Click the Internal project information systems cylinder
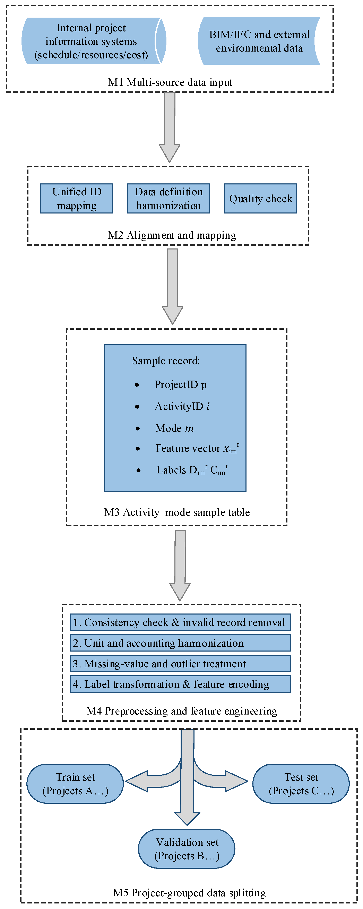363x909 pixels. click(x=91, y=41)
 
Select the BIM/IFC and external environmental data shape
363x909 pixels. click(x=259, y=41)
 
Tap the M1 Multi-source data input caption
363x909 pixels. click(x=170, y=82)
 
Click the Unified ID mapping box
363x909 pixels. click(x=77, y=198)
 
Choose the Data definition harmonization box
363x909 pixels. click(x=168, y=198)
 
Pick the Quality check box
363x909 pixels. click(x=261, y=199)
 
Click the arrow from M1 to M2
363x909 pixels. click(x=170, y=127)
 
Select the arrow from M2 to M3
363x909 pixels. click(x=173, y=286)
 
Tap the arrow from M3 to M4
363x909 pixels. click(x=180, y=565)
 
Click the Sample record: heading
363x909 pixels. click(x=166, y=361)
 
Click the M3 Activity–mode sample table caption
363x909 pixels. click(x=177, y=512)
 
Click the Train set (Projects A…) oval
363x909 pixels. click(x=75, y=783)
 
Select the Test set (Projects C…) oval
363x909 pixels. click(x=301, y=783)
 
